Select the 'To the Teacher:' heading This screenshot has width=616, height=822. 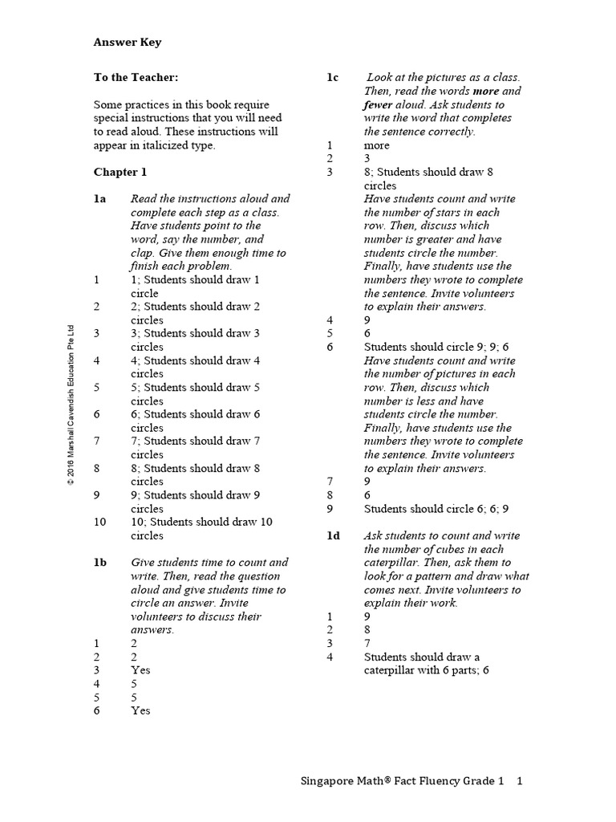click(136, 77)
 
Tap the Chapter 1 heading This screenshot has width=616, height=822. click(120, 172)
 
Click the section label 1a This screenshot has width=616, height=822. click(100, 198)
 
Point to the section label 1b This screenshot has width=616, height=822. click(100, 563)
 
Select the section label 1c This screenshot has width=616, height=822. click(333, 77)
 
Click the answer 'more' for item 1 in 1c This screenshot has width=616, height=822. click(376, 145)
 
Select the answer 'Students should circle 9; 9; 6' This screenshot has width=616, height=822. click(436, 347)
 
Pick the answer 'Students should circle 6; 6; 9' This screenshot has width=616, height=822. click(436, 508)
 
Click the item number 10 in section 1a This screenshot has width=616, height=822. click(99, 522)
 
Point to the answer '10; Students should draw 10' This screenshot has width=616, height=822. click(201, 522)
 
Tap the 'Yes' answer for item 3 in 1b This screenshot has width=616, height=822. click(140, 669)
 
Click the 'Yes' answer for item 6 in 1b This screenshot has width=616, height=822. click(140, 710)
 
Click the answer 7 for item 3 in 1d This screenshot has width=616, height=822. click(367, 643)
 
